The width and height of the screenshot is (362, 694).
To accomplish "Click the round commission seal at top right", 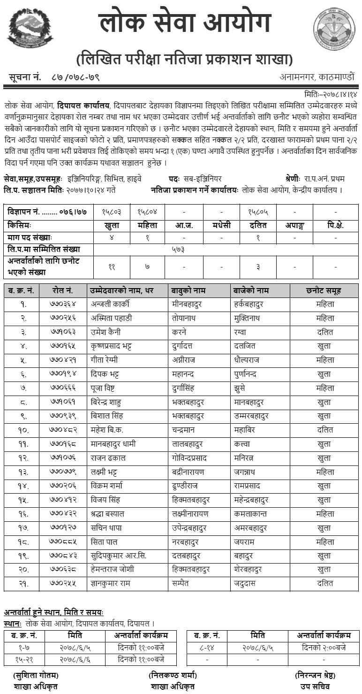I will [334, 30].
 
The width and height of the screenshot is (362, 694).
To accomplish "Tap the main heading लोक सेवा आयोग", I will [185, 24].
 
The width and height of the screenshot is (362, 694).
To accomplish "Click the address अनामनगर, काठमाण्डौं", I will [317, 76].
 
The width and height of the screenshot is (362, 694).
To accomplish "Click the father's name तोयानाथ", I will [186, 318].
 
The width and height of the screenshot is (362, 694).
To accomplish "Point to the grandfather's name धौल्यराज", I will [247, 360].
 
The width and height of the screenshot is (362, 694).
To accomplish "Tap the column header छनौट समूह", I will [325, 290].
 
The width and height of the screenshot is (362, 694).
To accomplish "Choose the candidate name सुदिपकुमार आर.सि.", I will [119, 556].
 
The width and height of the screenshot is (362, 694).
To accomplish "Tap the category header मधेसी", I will [221, 225].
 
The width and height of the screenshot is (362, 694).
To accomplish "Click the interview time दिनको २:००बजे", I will [324, 648].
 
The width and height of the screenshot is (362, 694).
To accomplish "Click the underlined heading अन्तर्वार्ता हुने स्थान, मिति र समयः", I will [54, 613].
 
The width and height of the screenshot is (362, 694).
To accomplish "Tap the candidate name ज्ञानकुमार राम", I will [111, 584].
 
